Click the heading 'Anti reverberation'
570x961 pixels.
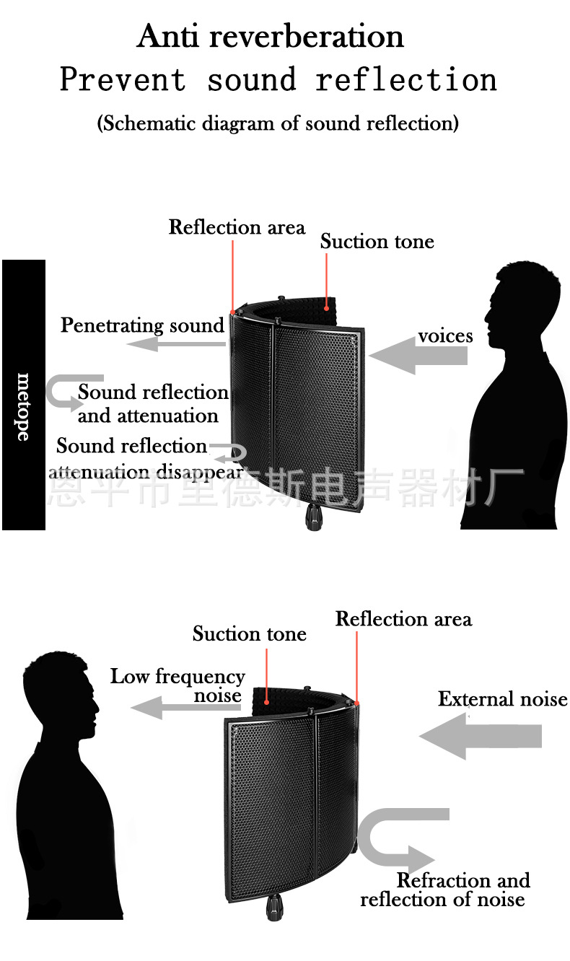click(271, 36)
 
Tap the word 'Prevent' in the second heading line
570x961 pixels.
click(123, 79)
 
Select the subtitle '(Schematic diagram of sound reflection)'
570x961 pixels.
click(278, 123)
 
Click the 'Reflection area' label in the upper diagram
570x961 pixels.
click(237, 227)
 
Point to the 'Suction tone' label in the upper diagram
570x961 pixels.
click(377, 242)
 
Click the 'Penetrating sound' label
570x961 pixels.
click(143, 325)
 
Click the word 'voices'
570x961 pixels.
click(445, 336)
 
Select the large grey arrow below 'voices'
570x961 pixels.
click(418, 356)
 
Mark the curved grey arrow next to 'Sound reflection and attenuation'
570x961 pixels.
click(69, 392)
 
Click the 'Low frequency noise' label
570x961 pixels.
click(178, 685)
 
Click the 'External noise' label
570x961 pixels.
click(502, 699)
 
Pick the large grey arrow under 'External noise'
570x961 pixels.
click(481, 737)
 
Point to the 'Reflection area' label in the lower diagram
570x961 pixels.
click(403, 619)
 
